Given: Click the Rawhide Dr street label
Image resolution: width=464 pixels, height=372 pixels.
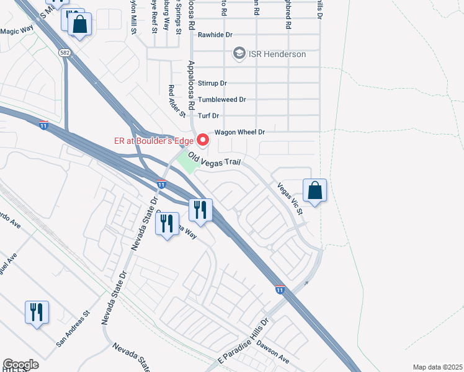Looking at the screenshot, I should [214, 35].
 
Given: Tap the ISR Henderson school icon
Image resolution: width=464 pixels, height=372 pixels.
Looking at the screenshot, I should [238, 54].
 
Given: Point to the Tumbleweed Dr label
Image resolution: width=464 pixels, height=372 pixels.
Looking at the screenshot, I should [222, 99].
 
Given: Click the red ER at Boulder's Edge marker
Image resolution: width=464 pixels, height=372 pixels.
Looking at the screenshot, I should [202, 139].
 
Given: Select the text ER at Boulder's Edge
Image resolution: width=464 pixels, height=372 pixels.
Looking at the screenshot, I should [153, 140].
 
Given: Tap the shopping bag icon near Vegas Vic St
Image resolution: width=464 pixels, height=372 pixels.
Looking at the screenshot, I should [315, 192].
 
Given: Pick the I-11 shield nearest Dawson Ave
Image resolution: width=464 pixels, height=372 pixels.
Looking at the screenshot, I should [280, 289].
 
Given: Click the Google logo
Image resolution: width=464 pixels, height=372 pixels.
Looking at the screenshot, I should [20, 365].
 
